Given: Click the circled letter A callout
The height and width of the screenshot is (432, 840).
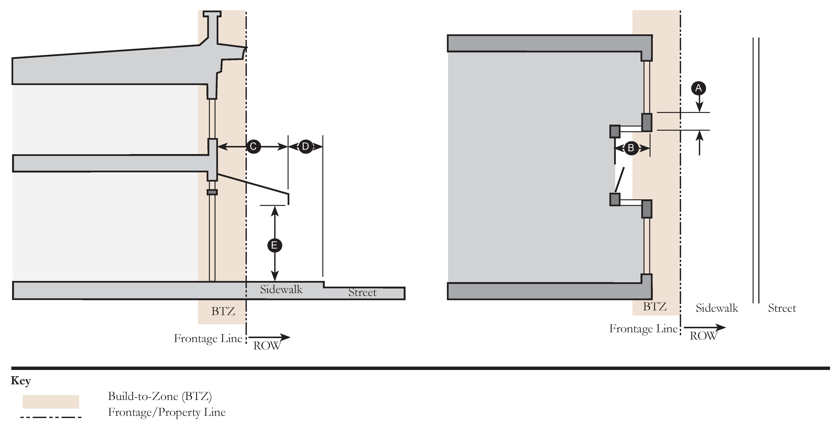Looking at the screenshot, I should [x=698, y=88].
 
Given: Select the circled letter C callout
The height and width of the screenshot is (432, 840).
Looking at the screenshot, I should [x=253, y=147].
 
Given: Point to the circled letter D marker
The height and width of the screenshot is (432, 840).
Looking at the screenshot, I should [x=305, y=147].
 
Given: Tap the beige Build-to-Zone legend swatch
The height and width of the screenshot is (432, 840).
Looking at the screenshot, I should [x=51, y=401].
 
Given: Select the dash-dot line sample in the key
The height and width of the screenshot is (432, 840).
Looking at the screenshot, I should [x=51, y=417].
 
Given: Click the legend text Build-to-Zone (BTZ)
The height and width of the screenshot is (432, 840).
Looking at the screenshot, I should [x=160, y=396].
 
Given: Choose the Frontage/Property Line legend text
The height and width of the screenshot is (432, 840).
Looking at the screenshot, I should [x=167, y=412].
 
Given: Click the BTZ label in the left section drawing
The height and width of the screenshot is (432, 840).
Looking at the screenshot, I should [x=223, y=312].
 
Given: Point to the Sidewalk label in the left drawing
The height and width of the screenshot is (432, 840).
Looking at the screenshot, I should [x=281, y=289].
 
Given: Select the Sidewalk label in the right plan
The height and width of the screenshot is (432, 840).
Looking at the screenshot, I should [x=717, y=308].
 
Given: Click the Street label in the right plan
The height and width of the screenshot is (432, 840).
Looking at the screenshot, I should [x=782, y=308].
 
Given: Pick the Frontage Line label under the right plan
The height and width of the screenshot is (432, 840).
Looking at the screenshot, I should [x=643, y=329].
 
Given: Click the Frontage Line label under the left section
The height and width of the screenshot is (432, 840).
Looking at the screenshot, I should [x=208, y=338].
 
